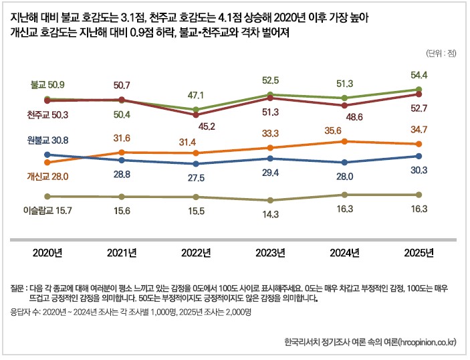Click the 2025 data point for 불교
tap(419, 89)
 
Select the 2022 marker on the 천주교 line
tap(195, 115)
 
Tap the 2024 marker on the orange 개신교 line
tap(344, 141)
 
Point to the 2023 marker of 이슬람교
tap(269, 200)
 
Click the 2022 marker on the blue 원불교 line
tap(195, 164)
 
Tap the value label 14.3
tap(269, 215)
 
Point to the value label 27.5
tap(195, 178)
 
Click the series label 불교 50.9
tap(47, 85)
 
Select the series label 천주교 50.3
tap(46, 115)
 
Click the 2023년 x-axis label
tap(269, 252)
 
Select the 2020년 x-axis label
tap(47, 252)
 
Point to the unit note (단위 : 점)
tap(440, 52)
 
